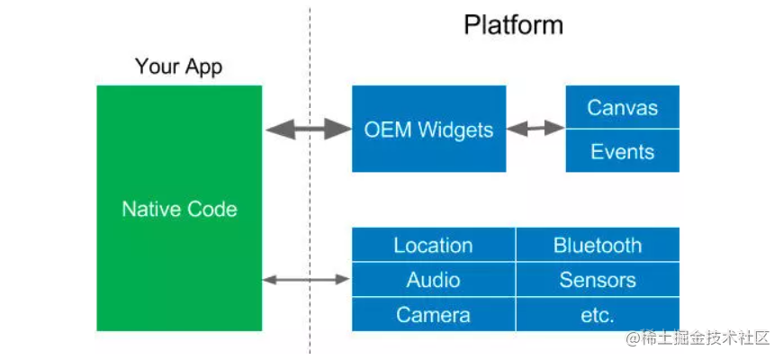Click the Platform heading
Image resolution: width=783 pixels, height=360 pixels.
[x=513, y=24]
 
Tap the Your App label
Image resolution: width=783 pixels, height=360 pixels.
[x=178, y=67]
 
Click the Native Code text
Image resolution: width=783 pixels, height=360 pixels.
[x=179, y=210]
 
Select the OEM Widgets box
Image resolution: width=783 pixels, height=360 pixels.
[x=428, y=129]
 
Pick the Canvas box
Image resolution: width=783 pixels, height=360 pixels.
[x=622, y=107]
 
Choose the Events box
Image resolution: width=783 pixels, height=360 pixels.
[x=622, y=151]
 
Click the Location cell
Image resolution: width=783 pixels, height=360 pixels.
[x=433, y=245]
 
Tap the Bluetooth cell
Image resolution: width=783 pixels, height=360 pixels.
[x=598, y=245]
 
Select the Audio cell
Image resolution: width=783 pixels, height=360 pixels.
[x=433, y=280]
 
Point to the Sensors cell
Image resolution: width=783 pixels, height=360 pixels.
[x=598, y=280]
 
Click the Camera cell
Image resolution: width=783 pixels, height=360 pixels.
[x=433, y=315]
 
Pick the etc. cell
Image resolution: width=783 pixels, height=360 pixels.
[x=598, y=315]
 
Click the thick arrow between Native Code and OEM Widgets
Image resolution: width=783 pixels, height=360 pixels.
[x=308, y=129]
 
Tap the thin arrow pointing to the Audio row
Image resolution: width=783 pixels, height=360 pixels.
[x=306, y=280]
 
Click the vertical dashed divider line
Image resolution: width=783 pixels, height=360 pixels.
[x=310, y=180]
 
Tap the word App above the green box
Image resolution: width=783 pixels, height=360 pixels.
[x=203, y=67]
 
